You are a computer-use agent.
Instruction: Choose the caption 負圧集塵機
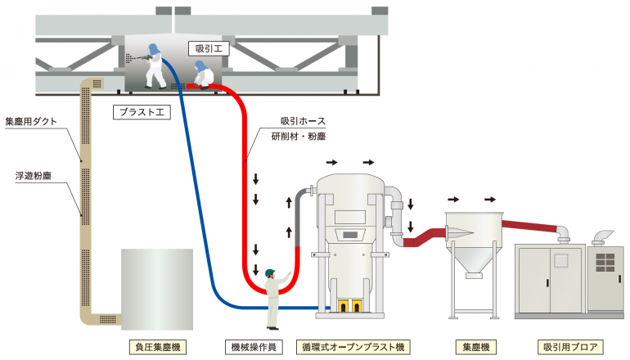tap(156, 347)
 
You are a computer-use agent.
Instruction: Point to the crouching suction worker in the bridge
tap(202, 77)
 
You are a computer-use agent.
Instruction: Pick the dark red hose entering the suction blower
tap(532, 224)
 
